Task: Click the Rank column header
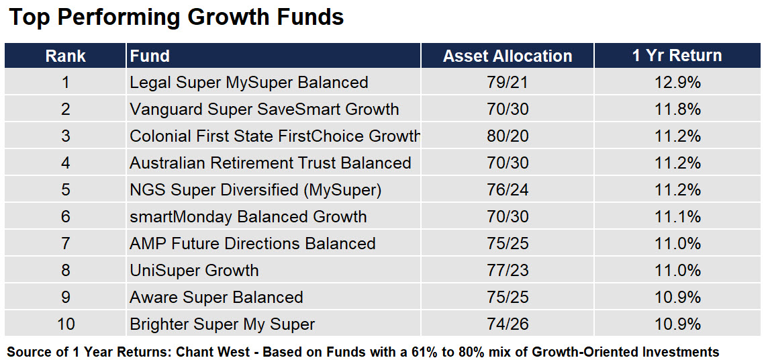(x=66, y=56)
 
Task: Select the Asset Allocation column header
(x=508, y=56)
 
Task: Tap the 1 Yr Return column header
(x=677, y=55)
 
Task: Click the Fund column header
(x=150, y=56)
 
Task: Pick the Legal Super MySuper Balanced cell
(x=249, y=83)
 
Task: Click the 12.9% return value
(x=678, y=83)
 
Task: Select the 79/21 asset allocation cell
(x=508, y=83)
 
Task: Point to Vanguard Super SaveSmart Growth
(x=265, y=109)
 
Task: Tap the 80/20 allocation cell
(x=508, y=136)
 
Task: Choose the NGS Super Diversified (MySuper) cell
(x=255, y=190)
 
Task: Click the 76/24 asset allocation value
(x=508, y=190)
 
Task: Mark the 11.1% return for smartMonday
(x=678, y=216)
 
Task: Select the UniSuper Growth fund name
(x=194, y=271)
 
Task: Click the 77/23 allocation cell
(x=508, y=271)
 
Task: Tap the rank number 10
(x=66, y=324)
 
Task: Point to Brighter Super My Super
(x=222, y=324)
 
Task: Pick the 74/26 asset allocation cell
(x=508, y=324)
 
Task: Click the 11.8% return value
(x=678, y=109)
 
